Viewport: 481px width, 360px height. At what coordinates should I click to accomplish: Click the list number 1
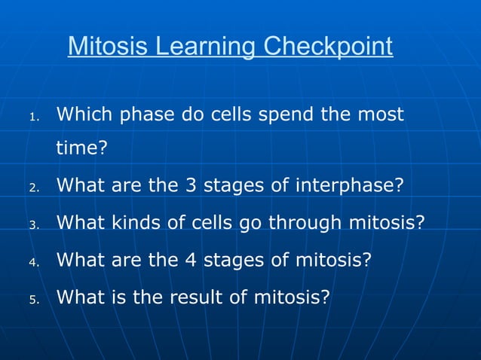click(33, 117)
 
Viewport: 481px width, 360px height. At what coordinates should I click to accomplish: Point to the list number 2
click(33, 187)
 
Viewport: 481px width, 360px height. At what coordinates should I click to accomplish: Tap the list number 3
click(33, 224)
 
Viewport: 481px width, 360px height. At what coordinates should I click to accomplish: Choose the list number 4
click(33, 262)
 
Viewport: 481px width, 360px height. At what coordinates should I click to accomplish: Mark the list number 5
click(33, 300)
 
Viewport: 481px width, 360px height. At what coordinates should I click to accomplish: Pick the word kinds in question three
click(133, 223)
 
